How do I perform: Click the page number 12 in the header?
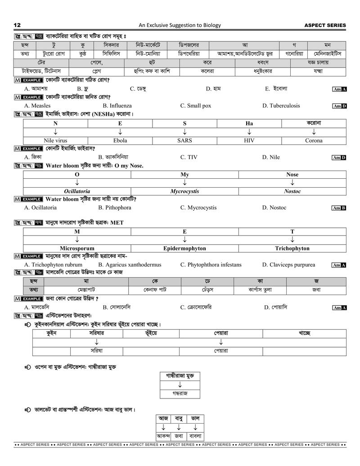click(x=17, y=25)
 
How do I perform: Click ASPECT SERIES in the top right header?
click(x=325, y=25)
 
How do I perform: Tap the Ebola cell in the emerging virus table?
click(x=120, y=140)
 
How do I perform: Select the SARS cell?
click(x=184, y=140)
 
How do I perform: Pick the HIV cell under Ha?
click(x=249, y=140)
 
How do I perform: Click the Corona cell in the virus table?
click(x=314, y=140)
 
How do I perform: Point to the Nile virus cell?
click(x=55, y=140)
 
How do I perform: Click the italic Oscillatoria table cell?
click(x=77, y=191)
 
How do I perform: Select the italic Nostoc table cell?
click(x=292, y=191)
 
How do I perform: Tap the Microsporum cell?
click(x=77, y=248)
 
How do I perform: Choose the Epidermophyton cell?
click(x=184, y=248)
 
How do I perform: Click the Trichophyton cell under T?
click(x=292, y=248)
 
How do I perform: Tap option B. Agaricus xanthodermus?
click(x=130, y=265)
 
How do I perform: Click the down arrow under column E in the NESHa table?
click(x=120, y=132)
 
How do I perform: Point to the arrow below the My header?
click(x=184, y=183)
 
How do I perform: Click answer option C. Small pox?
click(x=195, y=106)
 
